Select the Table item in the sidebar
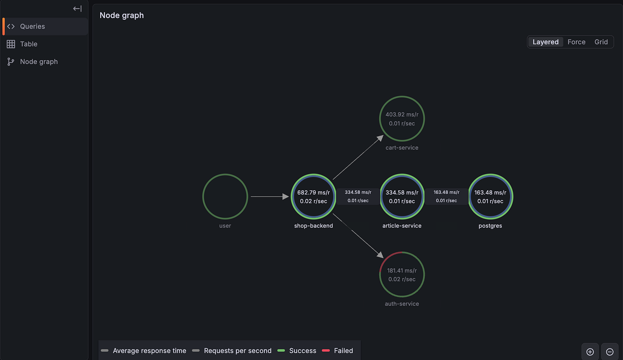(28, 44)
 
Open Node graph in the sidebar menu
(39, 61)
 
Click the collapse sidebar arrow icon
(77, 8)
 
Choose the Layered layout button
(546, 42)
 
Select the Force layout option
(576, 42)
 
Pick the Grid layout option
(601, 42)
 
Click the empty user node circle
(203, 196)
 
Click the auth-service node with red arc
(380, 275)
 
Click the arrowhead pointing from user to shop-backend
(286, 196)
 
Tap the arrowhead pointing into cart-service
(380, 138)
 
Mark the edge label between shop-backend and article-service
(358, 196)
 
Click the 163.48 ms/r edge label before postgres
(446, 196)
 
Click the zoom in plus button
(590, 352)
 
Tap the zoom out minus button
(610, 352)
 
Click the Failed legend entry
(337, 351)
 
